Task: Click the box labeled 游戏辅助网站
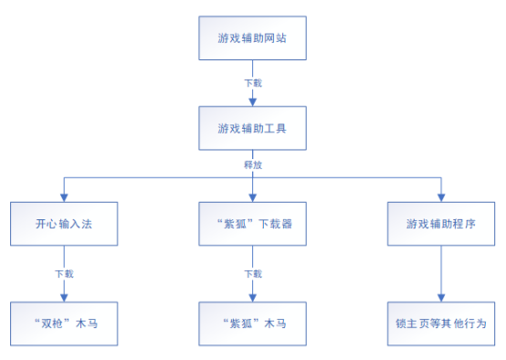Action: point(251,38)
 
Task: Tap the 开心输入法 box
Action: point(64,222)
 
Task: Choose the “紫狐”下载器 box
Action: point(251,222)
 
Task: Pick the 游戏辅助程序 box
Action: point(441,222)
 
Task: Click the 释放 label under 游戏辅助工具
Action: point(252,165)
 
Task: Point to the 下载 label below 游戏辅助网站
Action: point(252,82)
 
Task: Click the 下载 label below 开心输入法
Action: point(64,272)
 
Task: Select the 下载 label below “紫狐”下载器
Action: point(252,272)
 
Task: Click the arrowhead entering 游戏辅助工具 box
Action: point(252,102)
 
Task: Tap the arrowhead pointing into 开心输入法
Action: point(64,196)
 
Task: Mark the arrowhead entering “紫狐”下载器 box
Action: point(252,196)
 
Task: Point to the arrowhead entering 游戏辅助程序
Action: point(441,196)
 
